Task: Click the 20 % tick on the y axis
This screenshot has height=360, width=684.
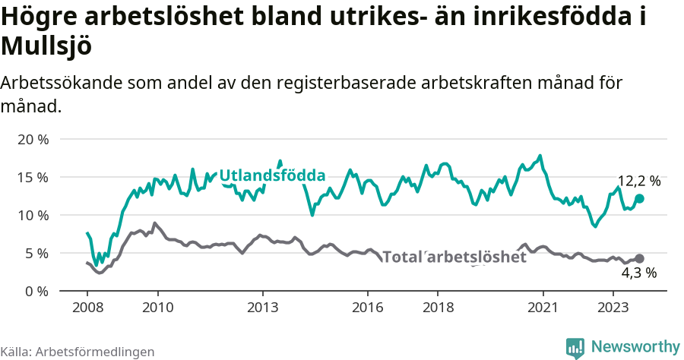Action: [33, 140]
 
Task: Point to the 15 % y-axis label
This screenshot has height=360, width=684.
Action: [33, 178]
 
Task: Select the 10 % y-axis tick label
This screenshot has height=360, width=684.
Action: [33, 216]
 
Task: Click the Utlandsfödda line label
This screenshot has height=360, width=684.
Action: [272, 176]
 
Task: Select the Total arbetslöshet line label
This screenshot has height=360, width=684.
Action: [454, 257]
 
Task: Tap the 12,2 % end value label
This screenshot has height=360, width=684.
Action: [638, 182]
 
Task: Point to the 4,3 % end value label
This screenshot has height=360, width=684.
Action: [638, 273]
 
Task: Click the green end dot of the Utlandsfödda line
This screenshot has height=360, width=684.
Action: [639, 198]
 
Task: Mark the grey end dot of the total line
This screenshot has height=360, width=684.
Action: [639, 259]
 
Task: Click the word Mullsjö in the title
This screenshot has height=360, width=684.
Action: [46, 47]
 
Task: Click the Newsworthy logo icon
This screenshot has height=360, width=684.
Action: [575, 347]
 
